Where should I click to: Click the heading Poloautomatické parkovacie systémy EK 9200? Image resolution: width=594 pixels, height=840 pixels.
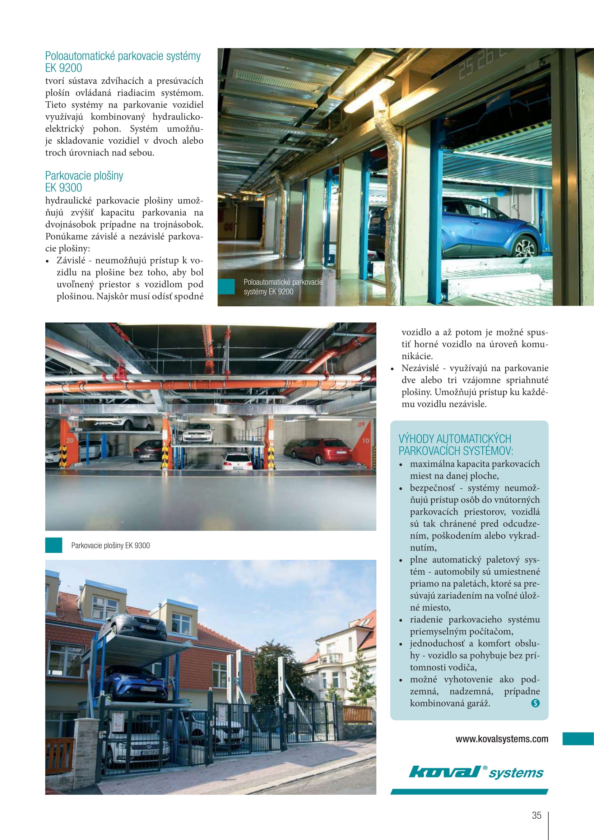[122, 62]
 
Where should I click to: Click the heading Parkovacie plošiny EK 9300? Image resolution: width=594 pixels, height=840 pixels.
[84, 181]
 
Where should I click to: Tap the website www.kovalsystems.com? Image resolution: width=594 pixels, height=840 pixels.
[502, 739]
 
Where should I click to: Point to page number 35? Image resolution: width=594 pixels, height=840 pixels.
[536, 815]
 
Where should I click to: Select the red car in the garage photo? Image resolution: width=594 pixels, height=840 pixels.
[321, 451]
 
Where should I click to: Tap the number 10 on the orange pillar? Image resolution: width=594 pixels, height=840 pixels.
[365, 441]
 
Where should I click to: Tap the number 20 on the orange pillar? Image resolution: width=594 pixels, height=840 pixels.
[70, 440]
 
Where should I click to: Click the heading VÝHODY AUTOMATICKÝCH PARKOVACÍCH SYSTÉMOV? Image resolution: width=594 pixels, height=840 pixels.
[455, 445]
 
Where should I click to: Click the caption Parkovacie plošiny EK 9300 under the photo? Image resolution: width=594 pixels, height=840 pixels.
[111, 546]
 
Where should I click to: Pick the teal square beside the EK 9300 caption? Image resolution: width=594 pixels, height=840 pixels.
[54, 545]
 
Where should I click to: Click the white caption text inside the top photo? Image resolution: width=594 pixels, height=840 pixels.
[283, 287]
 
